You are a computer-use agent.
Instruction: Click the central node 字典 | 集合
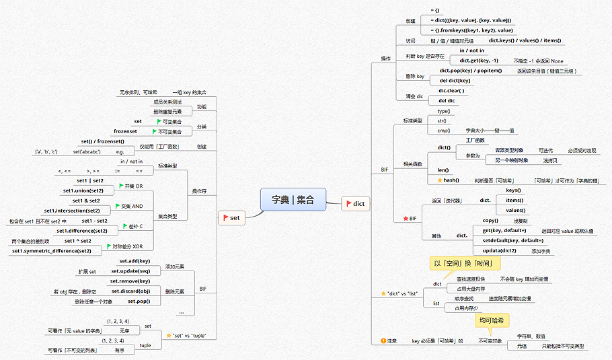[x=293, y=199]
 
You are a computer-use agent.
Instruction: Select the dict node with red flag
[x=356, y=203]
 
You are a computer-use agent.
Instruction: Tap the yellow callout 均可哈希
[x=491, y=320]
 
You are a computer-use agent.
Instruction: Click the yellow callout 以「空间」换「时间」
[x=463, y=263]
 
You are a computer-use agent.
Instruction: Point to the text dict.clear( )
[x=451, y=90]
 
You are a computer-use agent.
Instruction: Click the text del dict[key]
[x=455, y=80]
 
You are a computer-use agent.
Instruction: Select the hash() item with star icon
[x=449, y=180]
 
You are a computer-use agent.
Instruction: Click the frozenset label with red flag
[x=125, y=131]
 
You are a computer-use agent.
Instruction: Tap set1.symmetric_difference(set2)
[x=52, y=251]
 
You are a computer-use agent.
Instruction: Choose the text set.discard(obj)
[x=130, y=291]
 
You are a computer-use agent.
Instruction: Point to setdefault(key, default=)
[x=512, y=240]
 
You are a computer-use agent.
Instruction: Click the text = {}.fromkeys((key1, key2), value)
[x=471, y=30]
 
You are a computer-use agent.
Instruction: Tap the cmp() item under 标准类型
[x=443, y=130]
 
